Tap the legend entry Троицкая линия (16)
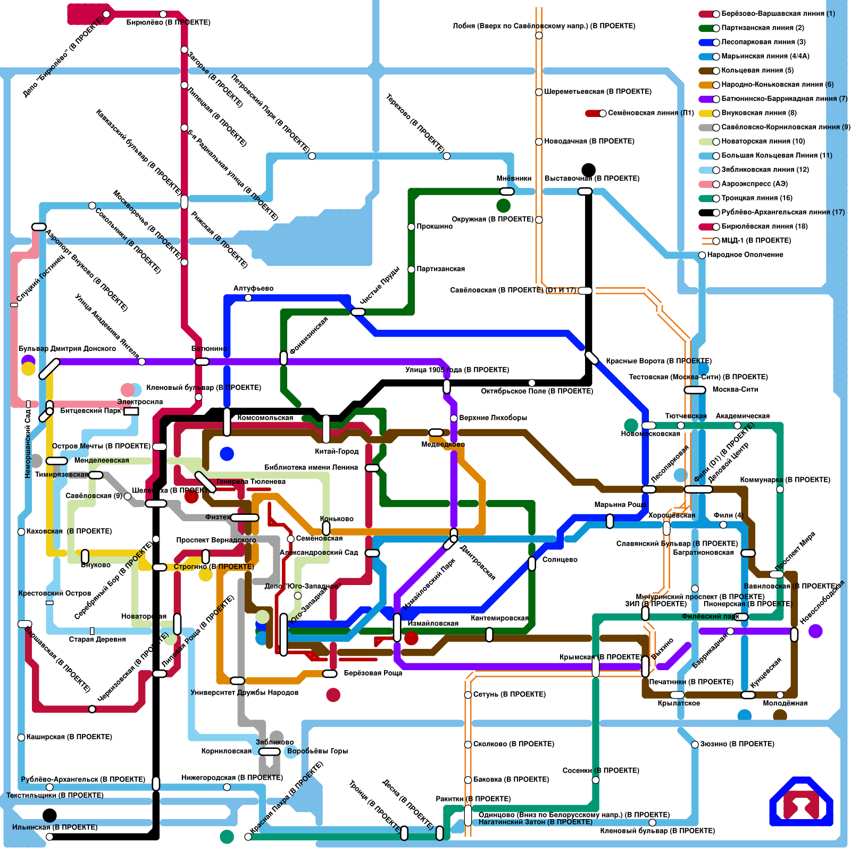coord(756,198)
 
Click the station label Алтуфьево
coord(253,288)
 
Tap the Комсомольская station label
coord(265,418)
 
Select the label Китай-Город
coord(337,452)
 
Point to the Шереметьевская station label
coord(597,91)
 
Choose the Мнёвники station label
coord(514,179)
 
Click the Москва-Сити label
coord(735,389)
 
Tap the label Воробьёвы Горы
coord(317,751)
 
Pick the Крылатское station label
coord(679,703)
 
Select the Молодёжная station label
coord(785,703)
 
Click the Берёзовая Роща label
coord(373,673)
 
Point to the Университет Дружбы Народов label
coord(244,693)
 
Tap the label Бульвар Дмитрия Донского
coord(67,348)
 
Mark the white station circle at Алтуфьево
coord(248,298)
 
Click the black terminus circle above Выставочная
coord(588,170)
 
